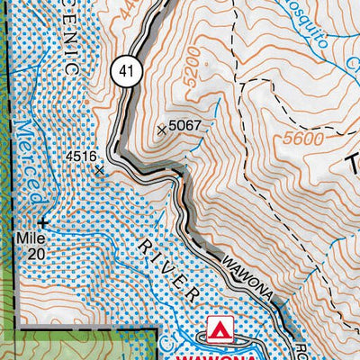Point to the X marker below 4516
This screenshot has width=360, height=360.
tap(99, 168)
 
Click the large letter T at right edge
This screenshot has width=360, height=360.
tap(353, 165)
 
